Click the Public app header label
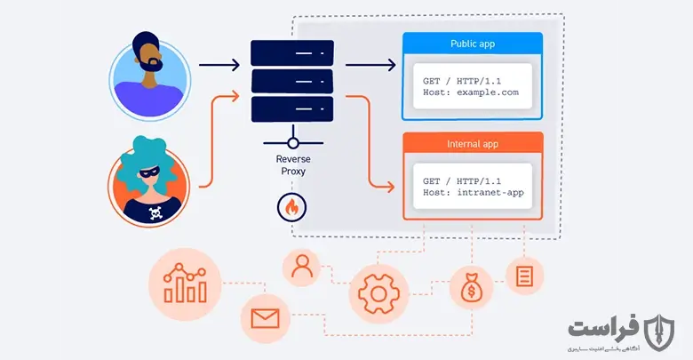[473, 44]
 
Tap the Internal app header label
[473, 144]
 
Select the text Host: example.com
[471, 92]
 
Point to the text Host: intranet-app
[474, 192]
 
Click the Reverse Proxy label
[293, 165]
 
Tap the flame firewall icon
[291, 207]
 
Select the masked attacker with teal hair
[149, 181]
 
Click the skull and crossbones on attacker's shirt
[155, 212]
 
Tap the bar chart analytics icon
[185, 284]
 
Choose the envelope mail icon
[265, 318]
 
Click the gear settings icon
[378, 293]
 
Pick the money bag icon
[471, 288]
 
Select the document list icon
[524, 276]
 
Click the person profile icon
[302, 268]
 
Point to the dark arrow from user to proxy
[219, 65]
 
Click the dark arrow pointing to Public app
[370, 65]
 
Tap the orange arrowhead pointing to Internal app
[389, 187]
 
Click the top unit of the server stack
[292, 53]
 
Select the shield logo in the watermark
[659, 332]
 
